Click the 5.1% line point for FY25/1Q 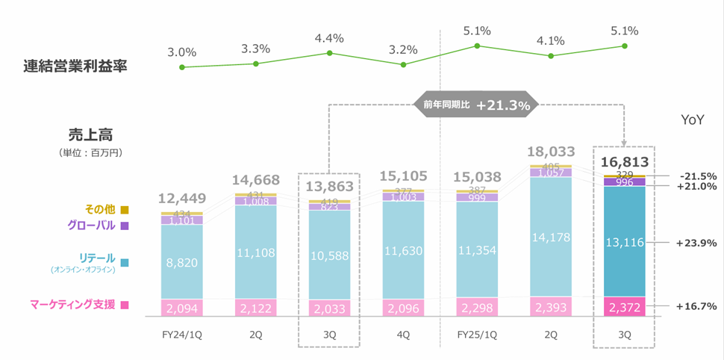(x=477, y=46)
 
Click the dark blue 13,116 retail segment (x=624, y=242)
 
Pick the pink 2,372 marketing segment (x=624, y=306)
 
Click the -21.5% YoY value (x=698, y=177)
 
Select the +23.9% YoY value (x=696, y=243)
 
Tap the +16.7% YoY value (x=696, y=306)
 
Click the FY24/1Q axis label (x=181, y=335)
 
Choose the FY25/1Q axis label (x=476, y=335)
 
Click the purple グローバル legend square (x=125, y=226)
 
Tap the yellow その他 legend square (x=125, y=210)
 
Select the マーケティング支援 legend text (x=73, y=305)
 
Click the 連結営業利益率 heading (x=75, y=66)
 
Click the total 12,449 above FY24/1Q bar (x=181, y=199)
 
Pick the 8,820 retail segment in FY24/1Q (x=181, y=262)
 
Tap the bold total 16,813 (x=624, y=163)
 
